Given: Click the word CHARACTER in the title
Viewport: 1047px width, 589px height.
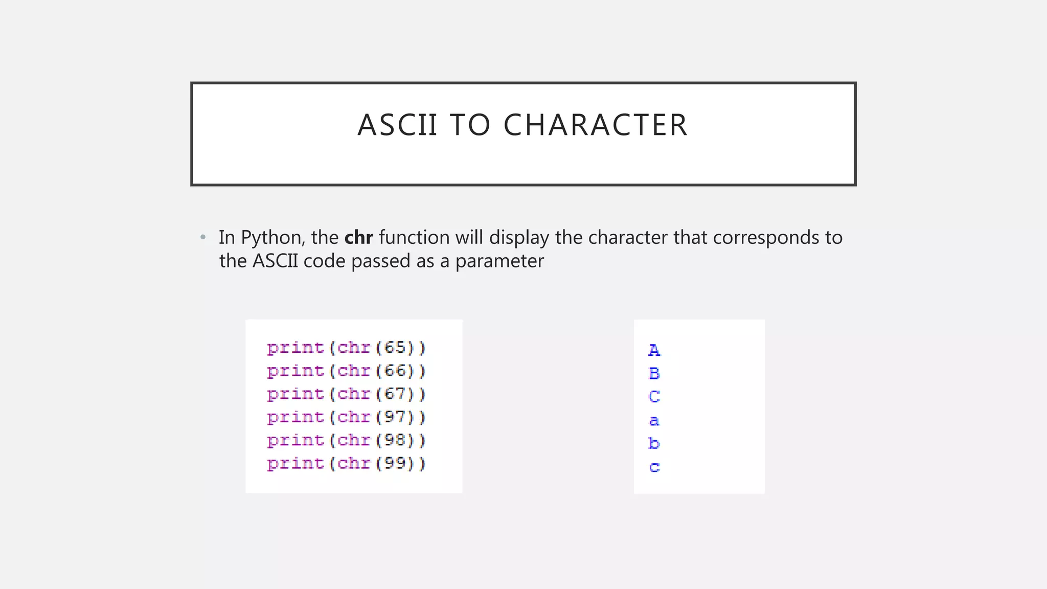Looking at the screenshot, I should coord(596,125).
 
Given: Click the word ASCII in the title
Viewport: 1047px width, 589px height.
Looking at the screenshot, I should coord(398,125).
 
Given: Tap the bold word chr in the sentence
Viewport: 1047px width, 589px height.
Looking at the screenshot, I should coord(358,237).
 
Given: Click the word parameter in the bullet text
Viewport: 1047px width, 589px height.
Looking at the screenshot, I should coord(499,261).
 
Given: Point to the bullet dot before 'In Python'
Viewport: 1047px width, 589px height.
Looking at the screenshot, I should coord(203,237).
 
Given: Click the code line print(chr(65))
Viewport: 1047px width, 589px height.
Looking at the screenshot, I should coord(346,348).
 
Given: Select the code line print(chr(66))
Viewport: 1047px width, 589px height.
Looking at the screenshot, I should coord(346,371).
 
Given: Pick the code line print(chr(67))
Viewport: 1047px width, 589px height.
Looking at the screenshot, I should coord(346,394).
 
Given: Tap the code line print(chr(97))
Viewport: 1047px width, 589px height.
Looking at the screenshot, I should coord(346,417).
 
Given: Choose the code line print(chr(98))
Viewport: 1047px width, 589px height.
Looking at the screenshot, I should coord(346,440).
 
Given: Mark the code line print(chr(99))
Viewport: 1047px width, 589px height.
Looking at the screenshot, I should coord(346,464).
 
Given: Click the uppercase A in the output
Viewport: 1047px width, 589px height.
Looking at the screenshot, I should coord(654,350).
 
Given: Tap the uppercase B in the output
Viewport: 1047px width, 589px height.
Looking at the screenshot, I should coord(654,374).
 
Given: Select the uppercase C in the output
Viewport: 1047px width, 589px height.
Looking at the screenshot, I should coord(654,397).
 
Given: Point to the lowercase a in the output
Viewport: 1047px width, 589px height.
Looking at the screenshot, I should coord(654,421).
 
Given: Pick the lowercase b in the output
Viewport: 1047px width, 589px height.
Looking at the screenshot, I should coord(654,443).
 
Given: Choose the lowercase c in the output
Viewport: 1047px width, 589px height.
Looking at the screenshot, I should coord(654,467).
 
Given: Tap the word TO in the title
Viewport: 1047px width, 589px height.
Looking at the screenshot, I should coord(470,125).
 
